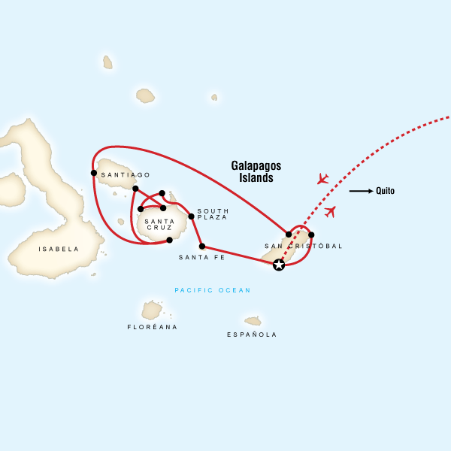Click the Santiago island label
pos(119,174)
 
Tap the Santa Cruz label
pos(159,225)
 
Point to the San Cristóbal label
pos(304,246)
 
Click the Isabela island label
pos(59,249)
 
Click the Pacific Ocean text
pos(212,290)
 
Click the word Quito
pos(385,191)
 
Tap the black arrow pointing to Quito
pos(361,191)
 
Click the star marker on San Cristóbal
pos(279,265)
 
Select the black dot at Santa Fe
pos(201,246)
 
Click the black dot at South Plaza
pos(191,216)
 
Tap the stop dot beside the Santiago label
pos(93,174)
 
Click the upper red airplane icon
pos(322,179)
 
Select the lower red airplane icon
pos(330,211)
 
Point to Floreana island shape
pos(152,310)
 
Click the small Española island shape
pos(253,321)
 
